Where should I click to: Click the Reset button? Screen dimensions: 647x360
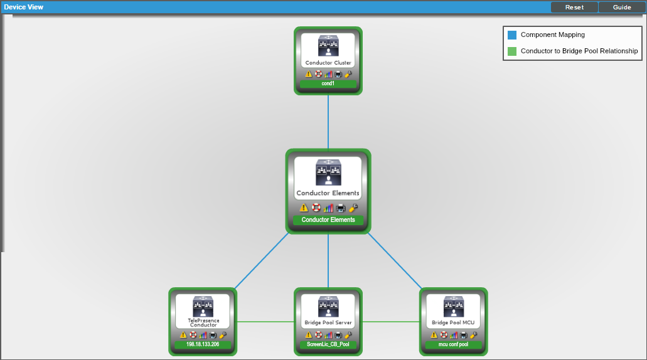(574, 7)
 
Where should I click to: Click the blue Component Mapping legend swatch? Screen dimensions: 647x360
(512, 35)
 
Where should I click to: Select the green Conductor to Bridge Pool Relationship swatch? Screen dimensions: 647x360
(512, 51)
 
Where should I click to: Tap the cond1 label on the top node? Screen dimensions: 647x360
(328, 83)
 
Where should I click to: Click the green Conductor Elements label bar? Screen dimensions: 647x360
(328, 220)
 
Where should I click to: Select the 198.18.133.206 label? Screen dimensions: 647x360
(203, 344)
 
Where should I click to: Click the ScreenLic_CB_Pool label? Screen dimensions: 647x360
(328, 344)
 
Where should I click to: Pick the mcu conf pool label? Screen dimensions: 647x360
(454, 344)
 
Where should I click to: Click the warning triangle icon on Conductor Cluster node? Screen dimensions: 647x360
(309, 74)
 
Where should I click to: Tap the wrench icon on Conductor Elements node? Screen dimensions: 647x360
(353, 208)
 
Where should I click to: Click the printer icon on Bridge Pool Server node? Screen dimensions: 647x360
(338, 335)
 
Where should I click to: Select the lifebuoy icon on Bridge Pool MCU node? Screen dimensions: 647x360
(444, 335)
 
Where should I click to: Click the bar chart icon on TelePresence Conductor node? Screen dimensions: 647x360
(203, 335)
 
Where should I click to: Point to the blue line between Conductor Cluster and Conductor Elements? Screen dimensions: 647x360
(328, 122)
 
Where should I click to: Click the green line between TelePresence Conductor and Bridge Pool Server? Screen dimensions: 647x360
(265, 322)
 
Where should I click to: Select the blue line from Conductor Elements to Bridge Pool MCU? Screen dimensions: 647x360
(395, 261)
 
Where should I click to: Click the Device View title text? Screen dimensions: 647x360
(23, 7)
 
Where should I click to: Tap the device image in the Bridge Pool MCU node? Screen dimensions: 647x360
(454, 307)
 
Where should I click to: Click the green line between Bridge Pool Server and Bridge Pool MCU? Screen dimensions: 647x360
(391, 322)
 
